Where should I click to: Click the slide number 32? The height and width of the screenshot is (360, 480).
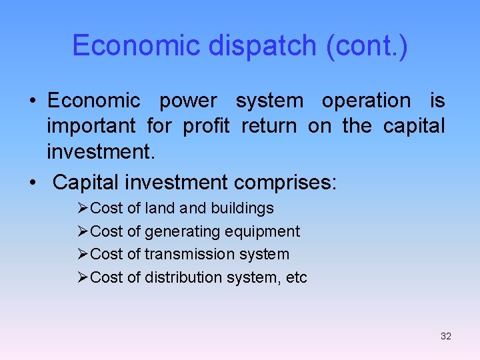click(x=446, y=336)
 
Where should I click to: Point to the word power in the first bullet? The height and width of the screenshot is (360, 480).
click(x=188, y=101)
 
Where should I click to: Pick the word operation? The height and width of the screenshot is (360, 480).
click(x=367, y=101)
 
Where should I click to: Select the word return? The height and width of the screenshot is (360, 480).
click(x=269, y=126)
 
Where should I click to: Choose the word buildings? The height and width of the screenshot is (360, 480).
click(x=242, y=209)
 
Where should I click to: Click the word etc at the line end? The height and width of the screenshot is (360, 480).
click(x=296, y=277)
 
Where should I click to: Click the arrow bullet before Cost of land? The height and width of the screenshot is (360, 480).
click(x=83, y=209)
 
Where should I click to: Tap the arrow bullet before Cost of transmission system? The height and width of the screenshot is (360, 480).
click(x=83, y=254)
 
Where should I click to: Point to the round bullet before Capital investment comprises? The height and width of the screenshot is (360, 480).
click(x=33, y=182)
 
